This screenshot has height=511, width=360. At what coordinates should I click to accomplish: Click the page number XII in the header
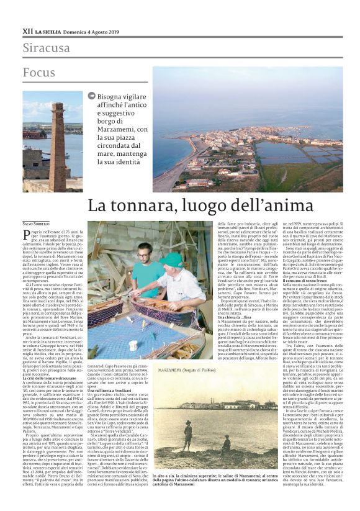coord(27,30)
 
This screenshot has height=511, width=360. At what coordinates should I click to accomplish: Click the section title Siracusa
coord(47,48)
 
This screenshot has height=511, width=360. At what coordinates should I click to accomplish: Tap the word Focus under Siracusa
coord(40,72)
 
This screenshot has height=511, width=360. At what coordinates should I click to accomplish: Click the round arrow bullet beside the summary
coord(92,96)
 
